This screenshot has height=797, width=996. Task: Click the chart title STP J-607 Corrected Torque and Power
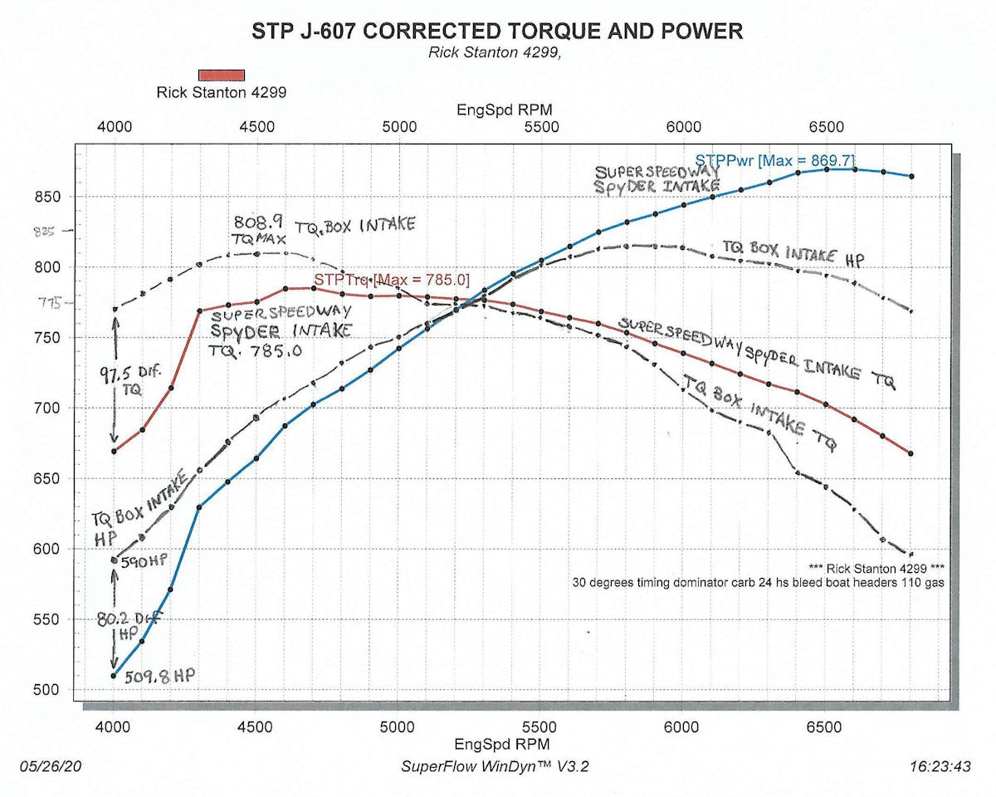pyautogui.click(x=497, y=32)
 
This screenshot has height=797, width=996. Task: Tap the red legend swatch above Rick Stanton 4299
pyautogui.click(x=222, y=75)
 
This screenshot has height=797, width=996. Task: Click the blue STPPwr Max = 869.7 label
pyautogui.click(x=774, y=160)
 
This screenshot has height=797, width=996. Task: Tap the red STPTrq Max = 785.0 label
pyautogui.click(x=391, y=281)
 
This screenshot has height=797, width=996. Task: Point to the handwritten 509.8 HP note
pyautogui.click(x=159, y=677)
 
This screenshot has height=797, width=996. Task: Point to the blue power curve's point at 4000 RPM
pyautogui.click(x=114, y=675)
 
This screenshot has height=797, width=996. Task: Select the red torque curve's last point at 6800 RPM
pyautogui.click(x=911, y=453)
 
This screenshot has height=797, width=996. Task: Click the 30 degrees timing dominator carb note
pyautogui.click(x=759, y=583)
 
